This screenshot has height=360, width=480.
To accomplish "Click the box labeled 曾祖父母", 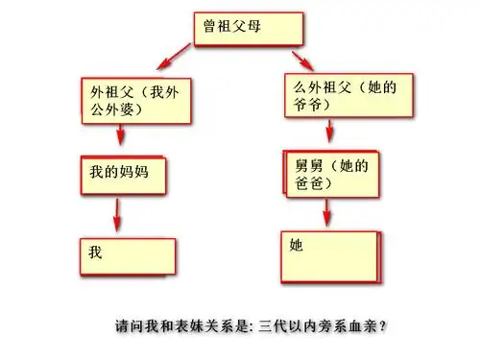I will tap(249, 29).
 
